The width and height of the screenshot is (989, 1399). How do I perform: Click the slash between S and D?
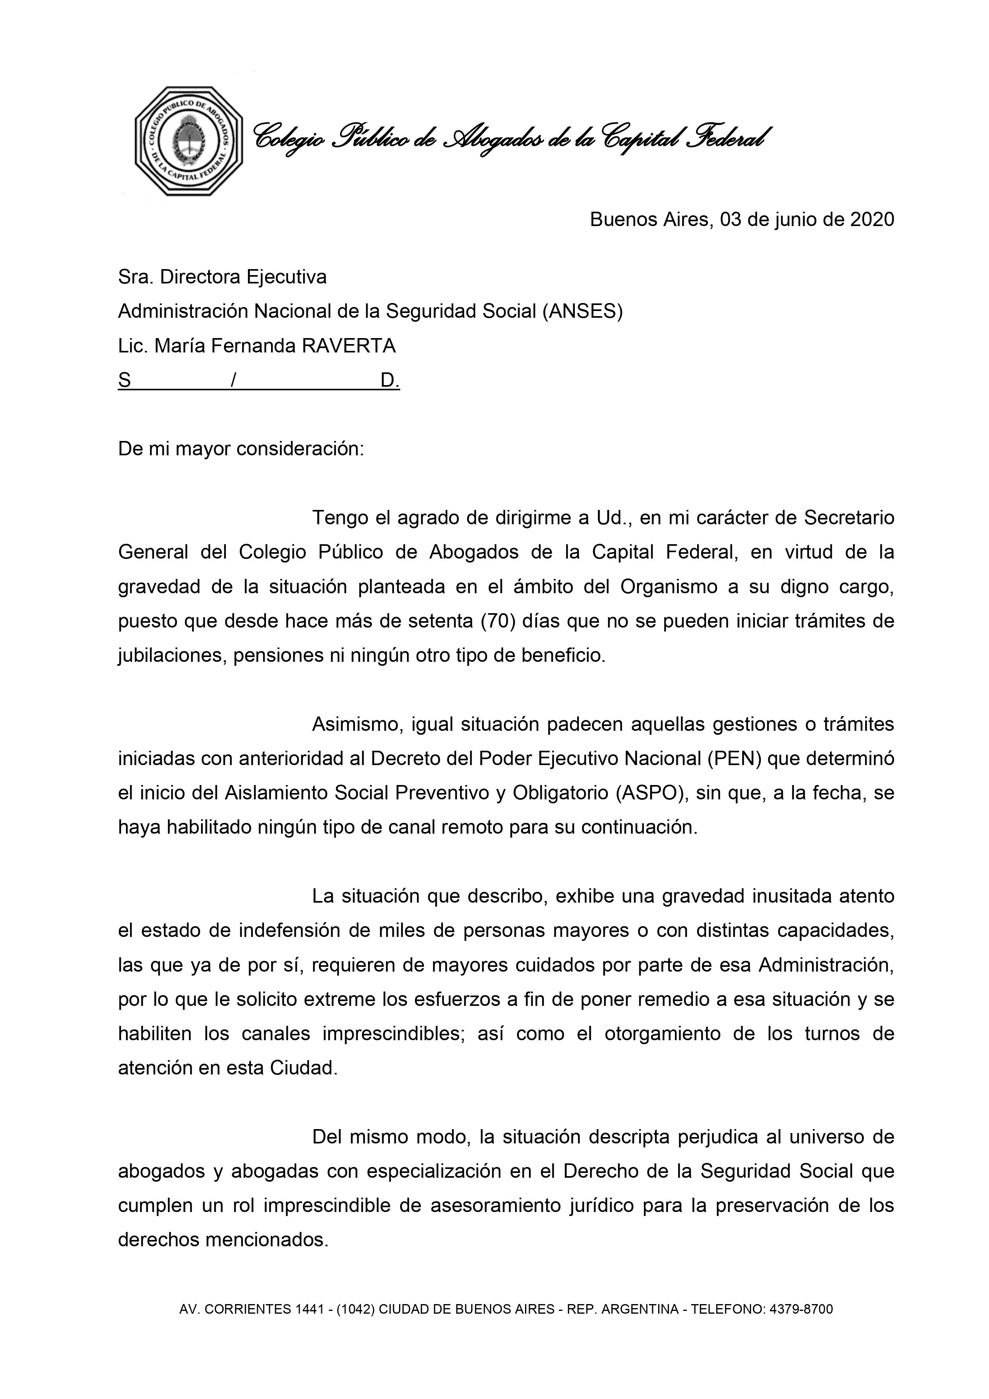(x=233, y=381)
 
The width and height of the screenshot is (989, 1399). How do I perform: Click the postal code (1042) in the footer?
(x=356, y=1309)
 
